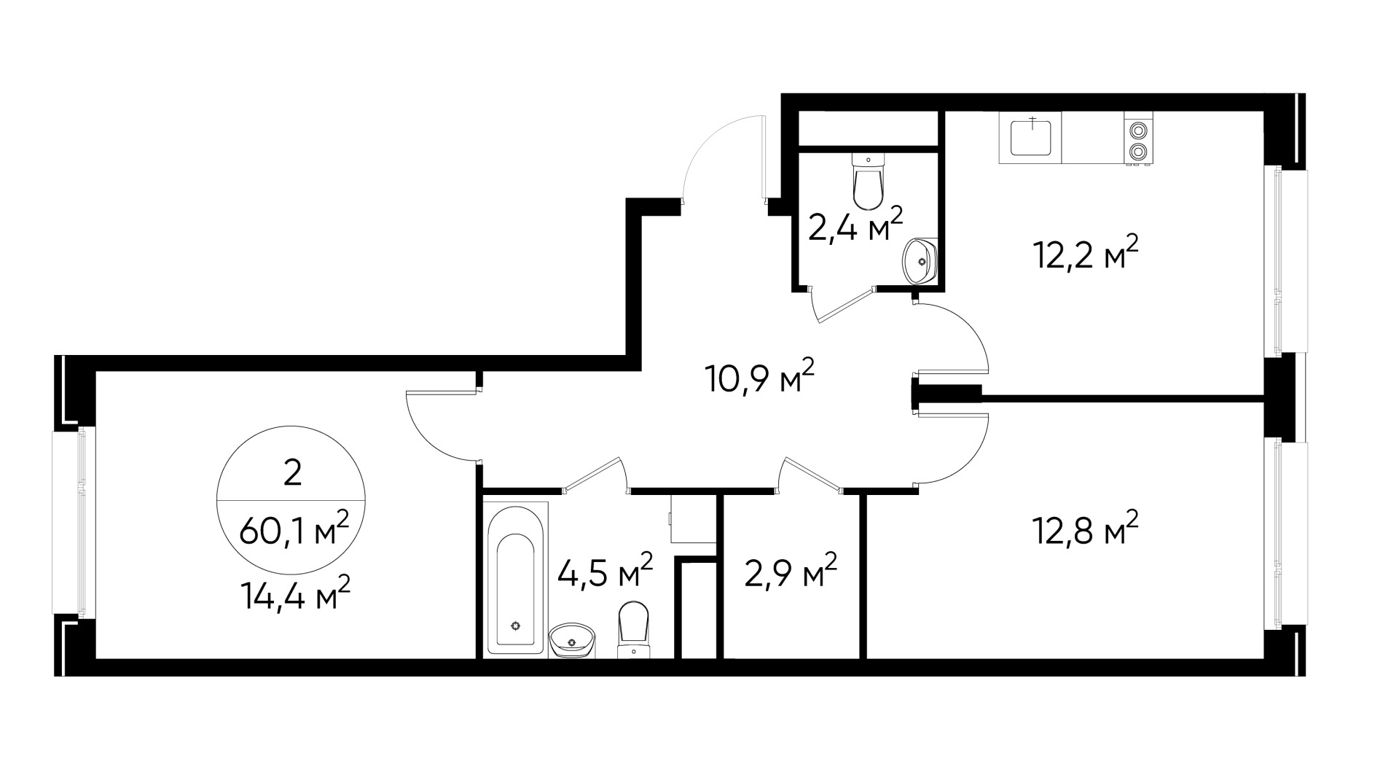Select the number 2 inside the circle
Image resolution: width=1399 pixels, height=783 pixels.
tap(292, 475)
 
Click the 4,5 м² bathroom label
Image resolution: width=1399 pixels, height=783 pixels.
tap(605, 571)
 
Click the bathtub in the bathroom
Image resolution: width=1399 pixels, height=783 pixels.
tap(516, 580)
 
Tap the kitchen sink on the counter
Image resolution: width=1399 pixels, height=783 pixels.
tap(1031, 138)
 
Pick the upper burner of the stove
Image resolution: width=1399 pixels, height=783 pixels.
tap(1137, 131)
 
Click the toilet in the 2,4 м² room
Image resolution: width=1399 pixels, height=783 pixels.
tap(868, 182)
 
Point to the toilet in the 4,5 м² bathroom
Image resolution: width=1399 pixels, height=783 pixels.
tap(633, 629)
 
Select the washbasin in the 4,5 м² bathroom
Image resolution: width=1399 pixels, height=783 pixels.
tap(573, 640)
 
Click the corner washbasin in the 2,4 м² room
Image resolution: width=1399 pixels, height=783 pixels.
tap(920, 260)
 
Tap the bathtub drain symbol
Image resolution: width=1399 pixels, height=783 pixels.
tap(516, 625)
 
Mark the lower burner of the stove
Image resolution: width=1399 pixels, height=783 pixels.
tap(1137, 152)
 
